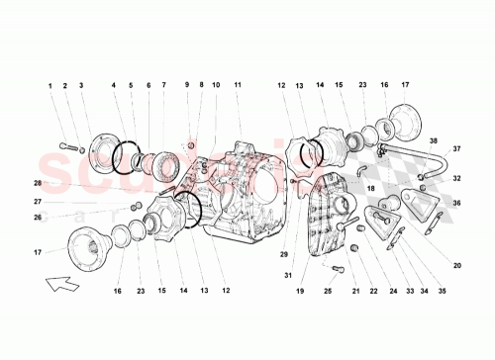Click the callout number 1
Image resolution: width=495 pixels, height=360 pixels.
49,86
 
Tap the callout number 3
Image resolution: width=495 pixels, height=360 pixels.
81,86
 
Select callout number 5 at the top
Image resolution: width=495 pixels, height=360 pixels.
131,86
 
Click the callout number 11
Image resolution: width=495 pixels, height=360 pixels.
238,86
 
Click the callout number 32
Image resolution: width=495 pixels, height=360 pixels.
457,179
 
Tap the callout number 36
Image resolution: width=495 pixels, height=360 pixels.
457,204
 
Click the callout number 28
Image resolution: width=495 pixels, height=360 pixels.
38,184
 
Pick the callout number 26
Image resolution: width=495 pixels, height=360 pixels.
38,217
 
